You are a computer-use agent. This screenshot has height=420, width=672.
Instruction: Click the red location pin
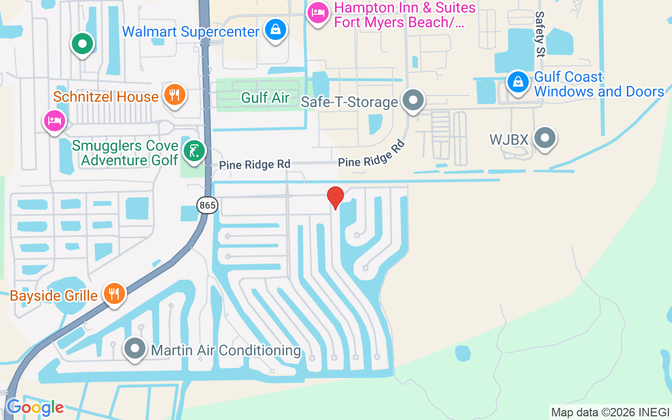pyautogui.click(x=335, y=197)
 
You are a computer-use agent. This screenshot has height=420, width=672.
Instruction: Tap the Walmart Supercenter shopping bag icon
pyautogui.click(x=275, y=30)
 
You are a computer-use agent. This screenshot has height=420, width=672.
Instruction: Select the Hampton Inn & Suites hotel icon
pyautogui.click(x=318, y=14)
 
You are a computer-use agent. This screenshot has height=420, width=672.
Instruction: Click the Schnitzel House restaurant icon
pyautogui.click(x=174, y=95)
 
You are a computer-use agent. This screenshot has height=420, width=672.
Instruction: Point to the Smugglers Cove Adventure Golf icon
pyautogui.click(x=194, y=151)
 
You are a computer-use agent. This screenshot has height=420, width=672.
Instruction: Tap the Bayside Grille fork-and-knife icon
pyautogui.click(x=113, y=293)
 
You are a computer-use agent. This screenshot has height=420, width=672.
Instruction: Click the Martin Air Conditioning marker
pyautogui.click(x=135, y=348)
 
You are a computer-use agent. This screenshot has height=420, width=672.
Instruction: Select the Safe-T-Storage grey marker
pyautogui.click(x=413, y=99)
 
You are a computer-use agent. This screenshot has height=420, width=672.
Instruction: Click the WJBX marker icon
pyautogui.click(x=544, y=138)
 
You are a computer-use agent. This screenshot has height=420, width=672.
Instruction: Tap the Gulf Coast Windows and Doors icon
pyautogui.click(x=518, y=82)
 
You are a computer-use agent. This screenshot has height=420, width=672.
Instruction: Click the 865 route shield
pyautogui.click(x=207, y=205)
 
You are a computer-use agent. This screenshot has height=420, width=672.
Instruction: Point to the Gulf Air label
pyautogui.click(x=265, y=97)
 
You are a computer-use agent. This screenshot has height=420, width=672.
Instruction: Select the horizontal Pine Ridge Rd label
pyautogui.click(x=255, y=165)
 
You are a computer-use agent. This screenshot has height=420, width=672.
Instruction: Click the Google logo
pyautogui.click(x=35, y=407)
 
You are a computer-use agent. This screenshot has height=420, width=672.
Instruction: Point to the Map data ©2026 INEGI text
pyautogui.click(x=610, y=412)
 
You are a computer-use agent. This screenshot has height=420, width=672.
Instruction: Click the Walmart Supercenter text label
pyautogui.click(x=191, y=31)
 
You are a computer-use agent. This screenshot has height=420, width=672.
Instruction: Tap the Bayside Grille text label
pyautogui.click(x=54, y=296)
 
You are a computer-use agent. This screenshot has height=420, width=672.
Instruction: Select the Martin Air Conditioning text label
pyautogui.click(x=226, y=350)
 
